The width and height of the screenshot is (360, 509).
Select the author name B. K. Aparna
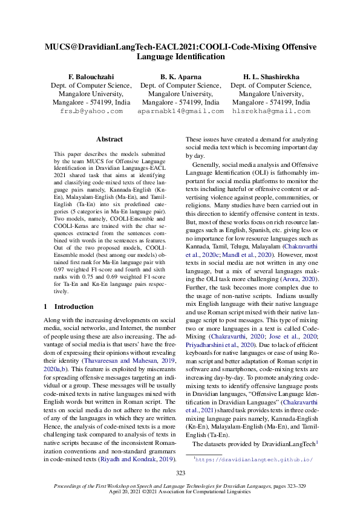pos(180,77)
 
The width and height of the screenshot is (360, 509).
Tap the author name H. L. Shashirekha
pos(271,77)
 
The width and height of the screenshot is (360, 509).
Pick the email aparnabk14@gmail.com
pos(180,111)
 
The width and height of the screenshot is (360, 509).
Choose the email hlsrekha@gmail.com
pos(271,111)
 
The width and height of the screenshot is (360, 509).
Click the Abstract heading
pos(110,139)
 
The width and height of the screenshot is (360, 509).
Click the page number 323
pos(180,473)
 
